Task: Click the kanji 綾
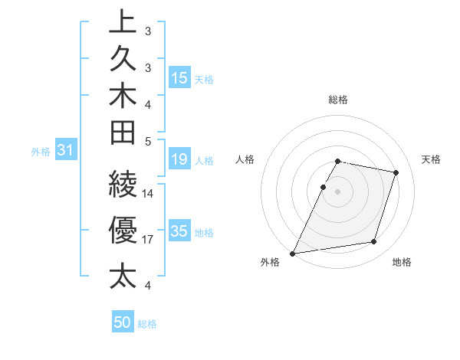(x=123, y=185)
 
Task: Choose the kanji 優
(x=123, y=228)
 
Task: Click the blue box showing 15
(x=179, y=77)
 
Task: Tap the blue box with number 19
(x=179, y=159)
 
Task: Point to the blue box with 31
(x=66, y=151)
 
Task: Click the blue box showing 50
(x=123, y=322)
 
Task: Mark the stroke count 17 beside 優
(x=148, y=240)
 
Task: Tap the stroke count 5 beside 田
(x=148, y=141)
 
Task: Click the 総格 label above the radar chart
(x=337, y=100)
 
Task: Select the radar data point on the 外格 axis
(x=293, y=254)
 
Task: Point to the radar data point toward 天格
(x=396, y=172)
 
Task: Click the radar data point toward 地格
(x=374, y=242)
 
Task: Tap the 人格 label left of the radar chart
(x=245, y=159)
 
